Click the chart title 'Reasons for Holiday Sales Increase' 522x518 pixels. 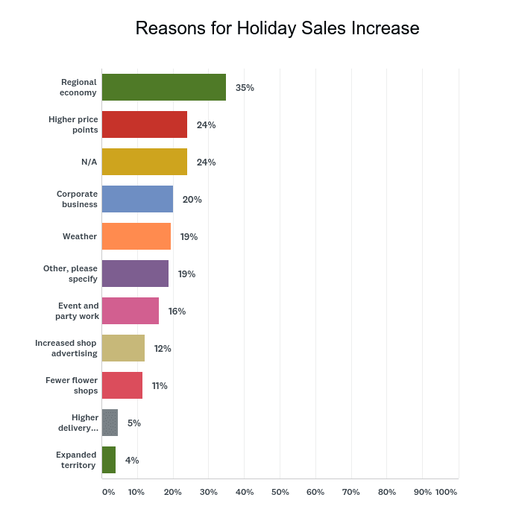point(277,28)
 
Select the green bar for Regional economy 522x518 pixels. point(164,87)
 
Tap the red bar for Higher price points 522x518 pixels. point(145,124)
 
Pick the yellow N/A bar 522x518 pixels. point(145,162)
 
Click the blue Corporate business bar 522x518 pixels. point(137,199)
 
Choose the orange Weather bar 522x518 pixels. point(136,236)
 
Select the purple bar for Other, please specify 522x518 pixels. point(135,274)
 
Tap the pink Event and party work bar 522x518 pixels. point(130,311)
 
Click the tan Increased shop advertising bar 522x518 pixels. point(123,348)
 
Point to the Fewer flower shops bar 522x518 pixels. point(122,385)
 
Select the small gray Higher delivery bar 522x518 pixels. point(110,423)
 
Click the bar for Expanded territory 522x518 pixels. point(109,460)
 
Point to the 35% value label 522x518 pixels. point(245,87)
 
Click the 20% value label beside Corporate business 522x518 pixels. point(192,199)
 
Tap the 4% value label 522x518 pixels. point(132,460)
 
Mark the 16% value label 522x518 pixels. point(177,311)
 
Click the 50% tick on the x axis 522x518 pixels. point(280,492)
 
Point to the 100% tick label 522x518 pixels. point(446,492)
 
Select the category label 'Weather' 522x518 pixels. point(80,236)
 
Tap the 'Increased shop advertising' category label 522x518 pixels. point(66,348)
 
